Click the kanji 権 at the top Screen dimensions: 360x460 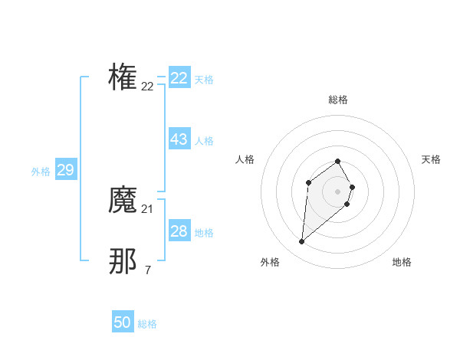[123, 77]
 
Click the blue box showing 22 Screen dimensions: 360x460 [179, 78]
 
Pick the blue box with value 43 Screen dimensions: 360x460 [179, 139]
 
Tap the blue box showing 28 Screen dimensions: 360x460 [179, 231]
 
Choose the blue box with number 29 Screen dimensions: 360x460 [65, 170]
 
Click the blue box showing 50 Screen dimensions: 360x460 [123, 322]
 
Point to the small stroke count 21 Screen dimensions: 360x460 [147, 209]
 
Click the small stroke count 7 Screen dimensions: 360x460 [147, 270]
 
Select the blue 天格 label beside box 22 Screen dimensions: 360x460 [204, 80]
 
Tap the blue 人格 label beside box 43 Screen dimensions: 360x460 [204, 141]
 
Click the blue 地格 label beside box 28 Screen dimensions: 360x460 [204, 233]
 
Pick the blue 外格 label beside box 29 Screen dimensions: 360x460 [41, 172]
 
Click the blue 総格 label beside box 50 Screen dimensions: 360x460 [147, 324]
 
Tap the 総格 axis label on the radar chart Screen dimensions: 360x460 [337, 100]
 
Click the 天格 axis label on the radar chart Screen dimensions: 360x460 [431, 159]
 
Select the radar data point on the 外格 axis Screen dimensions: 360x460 [302, 242]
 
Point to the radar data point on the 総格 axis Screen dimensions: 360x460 [337, 161]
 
